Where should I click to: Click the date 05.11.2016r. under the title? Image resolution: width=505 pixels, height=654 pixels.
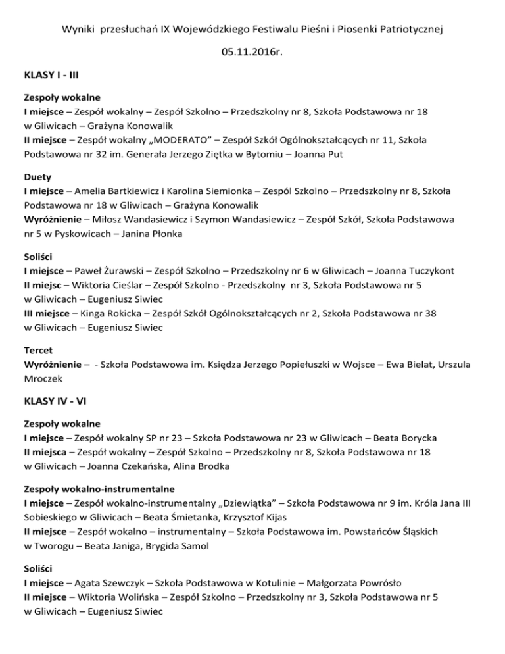(x=252, y=51)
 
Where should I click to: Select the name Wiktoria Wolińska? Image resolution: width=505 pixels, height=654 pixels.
(x=116, y=595)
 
